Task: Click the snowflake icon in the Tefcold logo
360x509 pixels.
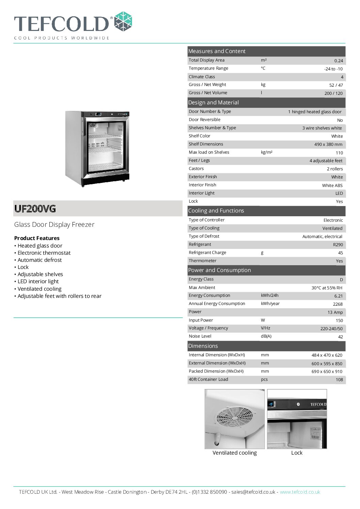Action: [x=123, y=22]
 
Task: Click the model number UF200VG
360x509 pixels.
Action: [x=35, y=209]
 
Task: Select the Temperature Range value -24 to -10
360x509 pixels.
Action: [x=333, y=69]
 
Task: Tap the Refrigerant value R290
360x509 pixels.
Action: [x=338, y=245]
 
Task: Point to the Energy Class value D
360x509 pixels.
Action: [x=341, y=279]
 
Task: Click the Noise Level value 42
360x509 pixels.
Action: [x=340, y=337]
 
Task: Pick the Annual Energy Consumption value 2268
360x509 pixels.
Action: [x=338, y=304]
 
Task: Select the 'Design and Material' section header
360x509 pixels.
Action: [x=213, y=102]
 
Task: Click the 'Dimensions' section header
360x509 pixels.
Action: [x=203, y=346]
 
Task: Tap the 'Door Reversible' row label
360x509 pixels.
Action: [x=204, y=120]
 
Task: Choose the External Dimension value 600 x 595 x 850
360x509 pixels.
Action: [x=327, y=363]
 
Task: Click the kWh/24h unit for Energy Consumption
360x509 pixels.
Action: [x=269, y=295]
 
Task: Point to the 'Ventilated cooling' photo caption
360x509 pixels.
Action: [x=234, y=453]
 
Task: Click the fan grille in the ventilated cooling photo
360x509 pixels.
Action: [x=235, y=417]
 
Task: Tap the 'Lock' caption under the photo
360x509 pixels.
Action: [x=297, y=453]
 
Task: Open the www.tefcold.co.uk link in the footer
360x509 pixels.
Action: [x=300, y=492]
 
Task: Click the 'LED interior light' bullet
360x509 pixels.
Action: [x=38, y=282]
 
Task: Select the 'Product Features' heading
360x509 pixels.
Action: [x=37, y=238]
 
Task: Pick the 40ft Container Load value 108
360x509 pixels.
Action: [x=339, y=380]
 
